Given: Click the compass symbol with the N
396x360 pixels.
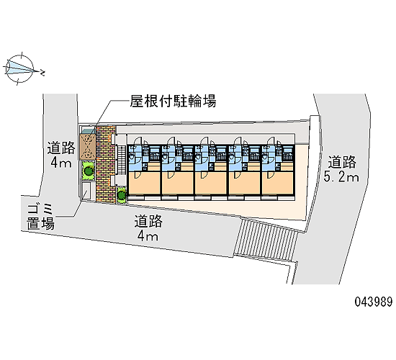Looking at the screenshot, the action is [x=20, y=68].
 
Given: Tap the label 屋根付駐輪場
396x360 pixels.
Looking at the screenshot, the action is [x=173, y=101].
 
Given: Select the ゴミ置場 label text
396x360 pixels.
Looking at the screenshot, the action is [x=40, y=217].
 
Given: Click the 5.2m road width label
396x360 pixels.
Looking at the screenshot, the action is [x=341, y=177].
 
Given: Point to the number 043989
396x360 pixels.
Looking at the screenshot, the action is [x=374, y=302].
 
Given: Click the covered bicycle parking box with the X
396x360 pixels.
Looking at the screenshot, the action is [x=87, y=147].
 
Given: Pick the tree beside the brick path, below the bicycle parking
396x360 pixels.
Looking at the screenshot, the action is [x=88, y=171].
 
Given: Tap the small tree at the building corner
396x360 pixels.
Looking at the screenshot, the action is [x=122, y=194].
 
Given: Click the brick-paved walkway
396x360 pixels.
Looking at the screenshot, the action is [x=106, y=164].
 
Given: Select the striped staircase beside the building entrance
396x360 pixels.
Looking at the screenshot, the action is [x=122, y=160].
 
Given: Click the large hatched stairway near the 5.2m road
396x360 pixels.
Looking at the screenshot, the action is [x=266, y=240].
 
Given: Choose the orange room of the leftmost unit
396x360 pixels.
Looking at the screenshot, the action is [x=144, y=182].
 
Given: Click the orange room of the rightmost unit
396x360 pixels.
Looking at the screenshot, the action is [x=278, y=182].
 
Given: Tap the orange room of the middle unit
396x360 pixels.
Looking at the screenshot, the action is [x=211, y=182].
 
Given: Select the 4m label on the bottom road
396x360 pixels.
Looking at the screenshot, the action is [x=148, y=236].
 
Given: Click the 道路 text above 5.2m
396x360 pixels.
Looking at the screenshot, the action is [x=342, y=162].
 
